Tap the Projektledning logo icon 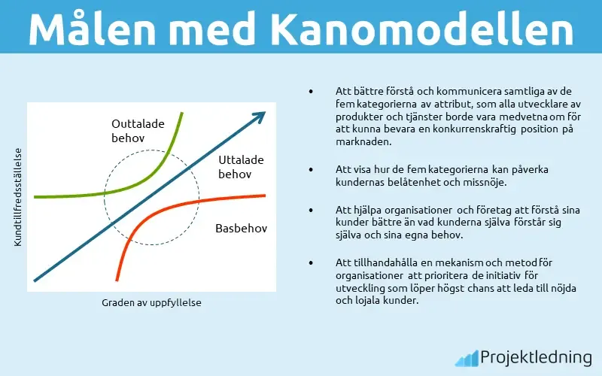[467, 356]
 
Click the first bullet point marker [310, 91]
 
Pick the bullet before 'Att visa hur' [310, 170]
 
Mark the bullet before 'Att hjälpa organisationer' [310, 210]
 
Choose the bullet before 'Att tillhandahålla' [310, 262]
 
